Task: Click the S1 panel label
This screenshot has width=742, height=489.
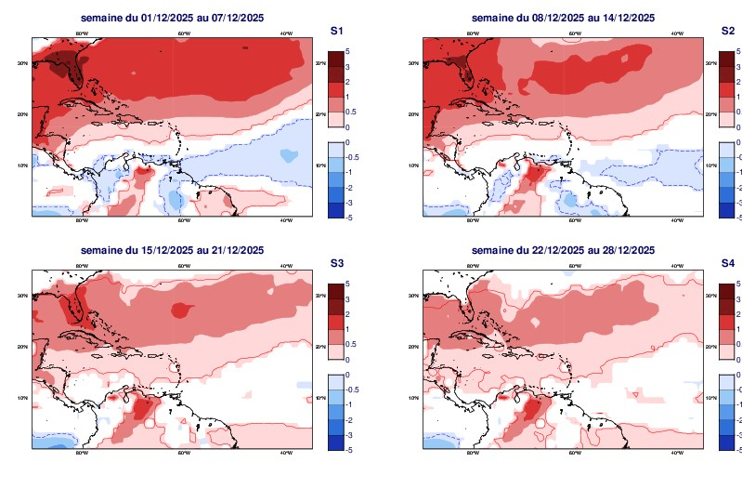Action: [338, 31]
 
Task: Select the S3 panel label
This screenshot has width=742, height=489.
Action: [338, 263]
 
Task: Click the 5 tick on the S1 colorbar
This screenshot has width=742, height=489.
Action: [346, 51]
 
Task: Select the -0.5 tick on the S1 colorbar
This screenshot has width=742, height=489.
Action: [352, 157]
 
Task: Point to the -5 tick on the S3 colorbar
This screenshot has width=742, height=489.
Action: [347, 449]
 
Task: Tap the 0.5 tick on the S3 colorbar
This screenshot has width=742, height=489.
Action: [350, 344]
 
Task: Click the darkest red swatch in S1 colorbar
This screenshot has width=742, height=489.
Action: [336, 59]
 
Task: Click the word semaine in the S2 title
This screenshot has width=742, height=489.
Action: [491, 18]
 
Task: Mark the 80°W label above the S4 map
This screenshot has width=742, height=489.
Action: [473, 267]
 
